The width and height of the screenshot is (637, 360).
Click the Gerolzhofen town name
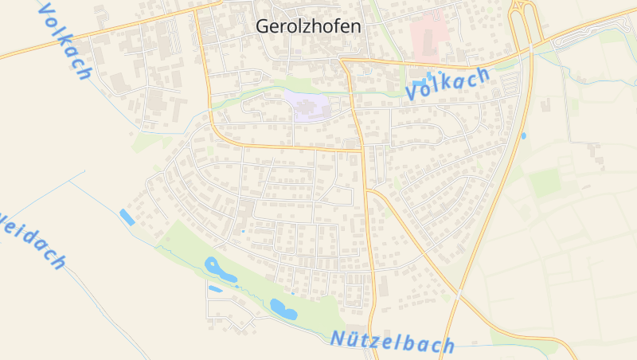click(308, 25)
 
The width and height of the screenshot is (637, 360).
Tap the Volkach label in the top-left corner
click(64, 41)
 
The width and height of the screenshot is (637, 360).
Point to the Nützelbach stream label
click(393, 342)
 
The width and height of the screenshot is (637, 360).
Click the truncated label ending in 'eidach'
click(32, 238)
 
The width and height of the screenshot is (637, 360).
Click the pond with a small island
click(220, 269)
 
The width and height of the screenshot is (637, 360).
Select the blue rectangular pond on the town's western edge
click(127, 217)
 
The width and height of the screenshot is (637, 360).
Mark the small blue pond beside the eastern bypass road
click(523, 136)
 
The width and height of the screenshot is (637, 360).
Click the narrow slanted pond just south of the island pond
click(215, 288)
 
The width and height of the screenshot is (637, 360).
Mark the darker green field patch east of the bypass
click(545, 183)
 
